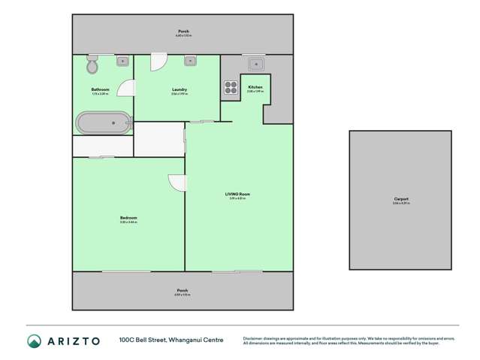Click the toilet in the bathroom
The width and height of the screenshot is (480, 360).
pos(92,65)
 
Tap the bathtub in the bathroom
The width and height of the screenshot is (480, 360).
pos(103,121)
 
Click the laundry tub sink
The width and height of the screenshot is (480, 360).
pos(190,60)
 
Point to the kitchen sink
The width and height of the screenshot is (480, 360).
pos(255,64)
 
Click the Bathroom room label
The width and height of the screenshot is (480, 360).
pos(101,89)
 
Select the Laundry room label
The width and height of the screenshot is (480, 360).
pos(179,89)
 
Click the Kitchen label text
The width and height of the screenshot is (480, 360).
pos(255,88)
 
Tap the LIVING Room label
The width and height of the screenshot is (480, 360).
pos(237,194)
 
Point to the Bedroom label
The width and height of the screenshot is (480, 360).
pos(128,218)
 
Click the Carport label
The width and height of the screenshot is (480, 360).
pos(400,199)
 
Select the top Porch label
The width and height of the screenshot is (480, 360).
pos(184,32)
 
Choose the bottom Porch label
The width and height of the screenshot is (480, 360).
pos(183,290)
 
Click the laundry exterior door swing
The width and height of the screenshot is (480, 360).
pos(158,62)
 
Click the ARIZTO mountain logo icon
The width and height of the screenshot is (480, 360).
pos(33,340)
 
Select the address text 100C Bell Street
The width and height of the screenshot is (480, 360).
pos(143,340)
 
